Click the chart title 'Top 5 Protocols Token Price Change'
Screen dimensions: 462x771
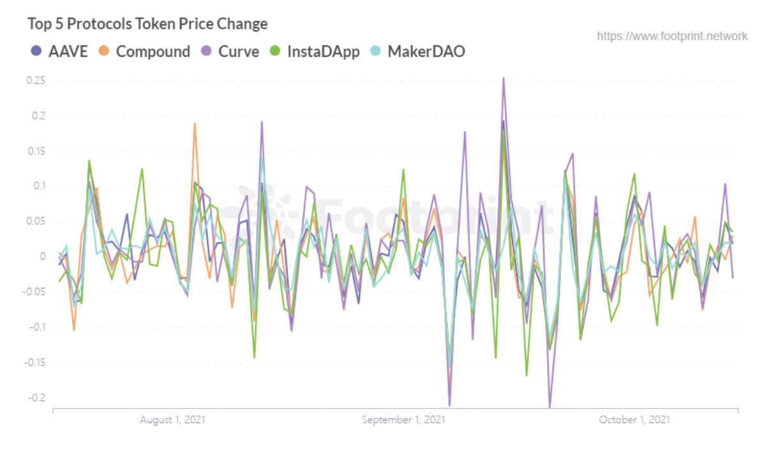(x=147, y=24)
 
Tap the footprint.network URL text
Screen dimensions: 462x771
(x=672, y=36)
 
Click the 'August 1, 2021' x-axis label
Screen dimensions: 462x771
(x=172, y=420)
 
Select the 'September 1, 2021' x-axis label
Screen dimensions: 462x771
(x=403, y=420)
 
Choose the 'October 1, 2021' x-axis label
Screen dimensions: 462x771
(x=634, y=420)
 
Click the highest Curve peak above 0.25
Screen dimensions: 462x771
(x=504, y=78)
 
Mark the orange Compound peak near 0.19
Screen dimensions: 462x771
(x=195, y=124)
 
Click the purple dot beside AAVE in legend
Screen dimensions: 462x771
(x=36, y=52)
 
